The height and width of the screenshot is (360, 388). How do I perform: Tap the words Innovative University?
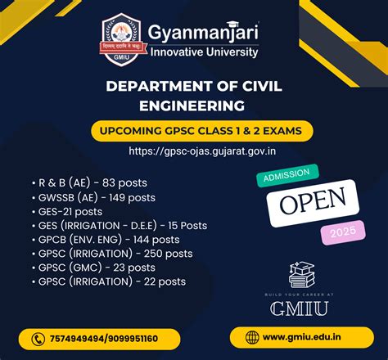[203, 52]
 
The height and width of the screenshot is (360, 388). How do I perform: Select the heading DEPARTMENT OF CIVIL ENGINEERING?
[194, 97]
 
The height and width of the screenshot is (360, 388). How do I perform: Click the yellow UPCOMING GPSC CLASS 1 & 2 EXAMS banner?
[193, 131]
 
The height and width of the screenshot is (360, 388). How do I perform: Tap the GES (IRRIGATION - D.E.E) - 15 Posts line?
[123, 224]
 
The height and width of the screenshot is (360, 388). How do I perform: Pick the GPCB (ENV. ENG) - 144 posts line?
[108, 239]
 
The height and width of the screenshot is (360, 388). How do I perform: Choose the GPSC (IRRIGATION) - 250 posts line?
[112, 253]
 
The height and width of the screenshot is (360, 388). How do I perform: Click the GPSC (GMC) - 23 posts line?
[96, 267]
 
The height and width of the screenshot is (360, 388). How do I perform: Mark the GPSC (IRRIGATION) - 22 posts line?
[111, 281]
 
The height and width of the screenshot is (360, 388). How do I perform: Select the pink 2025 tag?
[341, 234]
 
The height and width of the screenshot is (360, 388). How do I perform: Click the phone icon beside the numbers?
[38, 339]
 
